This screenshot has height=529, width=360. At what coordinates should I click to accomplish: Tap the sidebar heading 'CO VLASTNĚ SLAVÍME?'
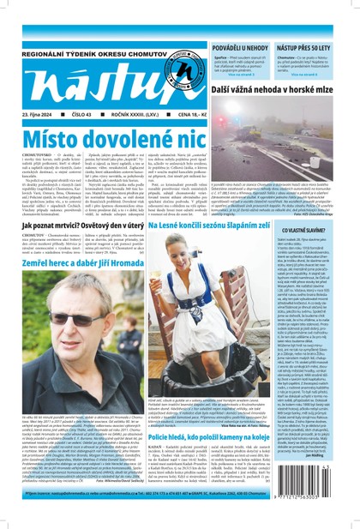point(320,230)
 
